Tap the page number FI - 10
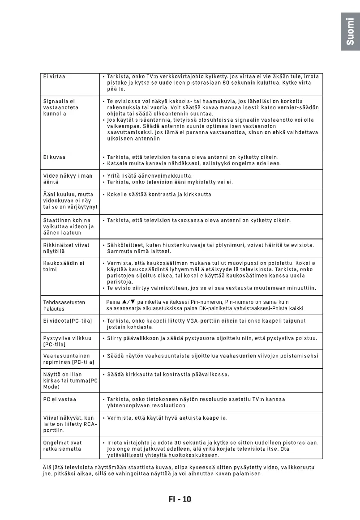click(x=180, y=499)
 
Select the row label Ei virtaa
click(x=54, y=77)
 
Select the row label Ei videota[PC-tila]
click(x=67, y=321)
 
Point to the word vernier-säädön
click(x=296, y=108)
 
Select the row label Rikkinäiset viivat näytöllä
click(x=66, y=248)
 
